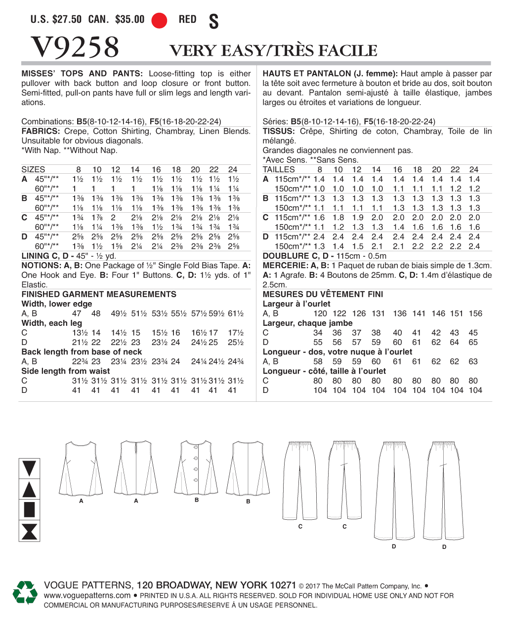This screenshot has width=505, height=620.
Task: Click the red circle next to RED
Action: coord(159,20)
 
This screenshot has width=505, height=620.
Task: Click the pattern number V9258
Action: coord(75,47)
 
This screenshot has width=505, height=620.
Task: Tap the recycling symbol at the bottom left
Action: coord(25,592)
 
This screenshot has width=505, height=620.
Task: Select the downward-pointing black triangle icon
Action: coord(29,468)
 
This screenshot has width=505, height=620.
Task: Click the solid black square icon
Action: coord(29,509)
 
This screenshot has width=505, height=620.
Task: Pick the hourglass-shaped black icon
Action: coord(29,531)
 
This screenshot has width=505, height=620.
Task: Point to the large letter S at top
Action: coord(213,22)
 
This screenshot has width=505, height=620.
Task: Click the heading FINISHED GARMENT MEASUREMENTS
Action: coord(99,294)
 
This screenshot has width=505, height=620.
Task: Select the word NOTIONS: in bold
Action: coord(41,266)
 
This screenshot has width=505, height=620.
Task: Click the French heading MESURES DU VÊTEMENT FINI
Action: coord(323,294)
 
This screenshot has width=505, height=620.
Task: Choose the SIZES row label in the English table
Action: coord(33,169)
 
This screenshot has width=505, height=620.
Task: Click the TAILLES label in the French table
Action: coord(279,169)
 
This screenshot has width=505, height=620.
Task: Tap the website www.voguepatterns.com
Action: coord(87,595)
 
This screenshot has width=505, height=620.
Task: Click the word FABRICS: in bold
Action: coord(41,131)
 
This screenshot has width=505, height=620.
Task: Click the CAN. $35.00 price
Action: coord(117,20)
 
